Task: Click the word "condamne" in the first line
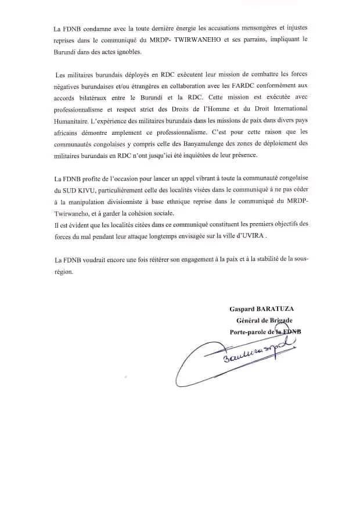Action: pos(93,28)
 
